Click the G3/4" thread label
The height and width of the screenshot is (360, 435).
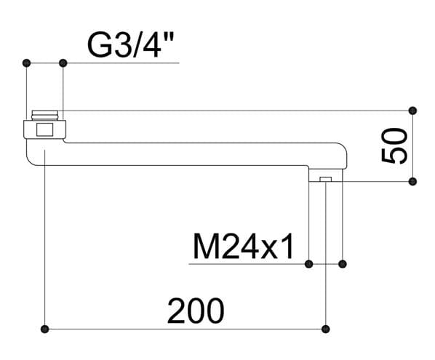coord(130,45)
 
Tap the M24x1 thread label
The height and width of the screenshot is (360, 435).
coord(243,247)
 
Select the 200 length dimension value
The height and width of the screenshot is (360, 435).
coord(196,311)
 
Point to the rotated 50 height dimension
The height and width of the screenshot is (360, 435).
coord(394,145)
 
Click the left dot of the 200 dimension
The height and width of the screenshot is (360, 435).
coord(44,329)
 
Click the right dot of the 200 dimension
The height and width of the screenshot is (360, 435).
coord(325,329)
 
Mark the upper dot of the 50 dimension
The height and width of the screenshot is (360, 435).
coord(412,111)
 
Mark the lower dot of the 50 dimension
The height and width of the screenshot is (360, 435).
coord(412,182)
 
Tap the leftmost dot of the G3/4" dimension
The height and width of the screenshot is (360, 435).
coord(26,63)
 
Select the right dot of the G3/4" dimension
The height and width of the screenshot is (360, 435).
coord(63,63)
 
